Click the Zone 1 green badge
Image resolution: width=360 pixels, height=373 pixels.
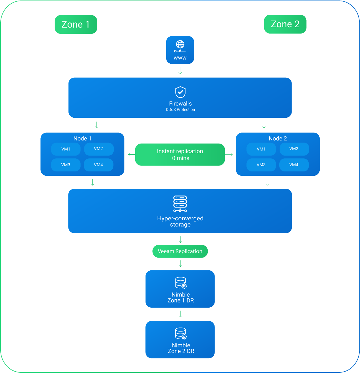tap(76, 24)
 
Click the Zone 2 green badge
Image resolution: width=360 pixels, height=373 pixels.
tap(285, 24)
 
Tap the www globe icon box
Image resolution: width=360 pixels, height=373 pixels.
tap(180, 50)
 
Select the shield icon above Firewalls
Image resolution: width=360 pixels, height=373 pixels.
tap(180, 92)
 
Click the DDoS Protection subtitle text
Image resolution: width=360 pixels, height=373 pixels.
tap(180, 110)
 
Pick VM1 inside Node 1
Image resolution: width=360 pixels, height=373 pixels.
tap(66, 149)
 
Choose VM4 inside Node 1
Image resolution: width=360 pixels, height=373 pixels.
tap(98, 165)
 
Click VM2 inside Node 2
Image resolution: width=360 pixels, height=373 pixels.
tap(294, 149)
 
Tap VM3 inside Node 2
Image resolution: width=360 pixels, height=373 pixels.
tap(261, 165)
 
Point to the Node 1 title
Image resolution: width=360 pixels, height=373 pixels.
tap(82, 138)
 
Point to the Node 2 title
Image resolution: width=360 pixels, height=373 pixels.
tap(278, 138)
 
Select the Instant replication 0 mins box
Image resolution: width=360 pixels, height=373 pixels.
tap(180, 154)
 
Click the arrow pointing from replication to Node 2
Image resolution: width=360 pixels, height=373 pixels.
tap(229, 154)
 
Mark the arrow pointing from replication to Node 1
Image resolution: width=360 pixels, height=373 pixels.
tap(131, 154)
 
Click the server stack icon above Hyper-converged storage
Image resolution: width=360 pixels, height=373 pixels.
tap(180, 204)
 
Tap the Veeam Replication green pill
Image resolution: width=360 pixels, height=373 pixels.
tap(180, 251)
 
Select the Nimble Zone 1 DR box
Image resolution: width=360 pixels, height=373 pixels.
tap(180, 289)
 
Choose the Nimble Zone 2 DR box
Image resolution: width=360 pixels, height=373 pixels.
tap(180, 339)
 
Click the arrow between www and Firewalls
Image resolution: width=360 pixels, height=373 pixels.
tap(180, 71)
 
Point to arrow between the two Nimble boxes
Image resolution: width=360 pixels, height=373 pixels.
tap(180, 314)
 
